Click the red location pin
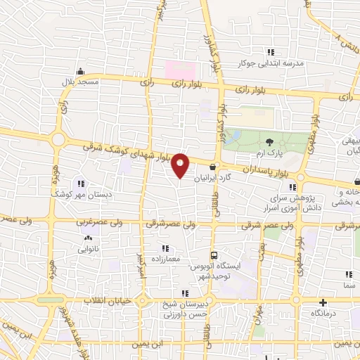[181, 165]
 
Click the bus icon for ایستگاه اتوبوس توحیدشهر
[213, 256]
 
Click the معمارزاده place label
[165, 259]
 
